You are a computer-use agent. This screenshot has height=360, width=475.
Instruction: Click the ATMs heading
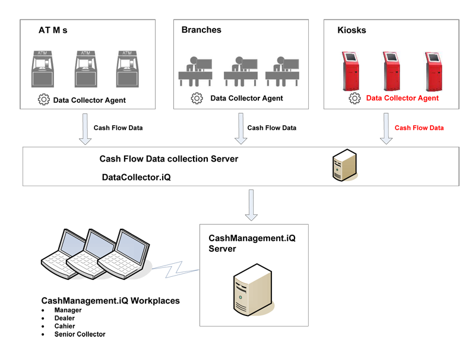(53, 30)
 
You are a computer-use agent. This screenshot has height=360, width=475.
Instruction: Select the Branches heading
(201, 30)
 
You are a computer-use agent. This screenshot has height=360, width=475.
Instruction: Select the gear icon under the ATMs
(43, 100)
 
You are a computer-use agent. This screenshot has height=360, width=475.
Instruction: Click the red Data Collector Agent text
(402, 98)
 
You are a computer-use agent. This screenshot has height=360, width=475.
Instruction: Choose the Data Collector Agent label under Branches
(246, 98)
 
